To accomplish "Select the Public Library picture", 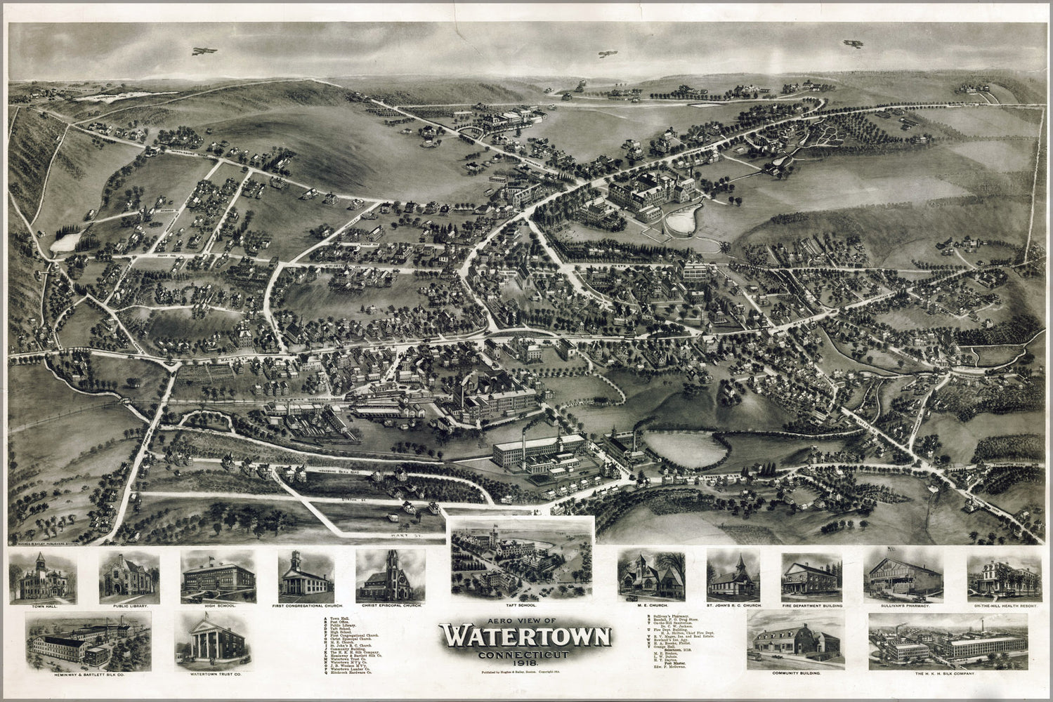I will [129, 576].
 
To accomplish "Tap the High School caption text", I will [218, 604].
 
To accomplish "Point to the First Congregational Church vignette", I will [305, 576].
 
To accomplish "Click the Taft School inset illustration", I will [521, 556].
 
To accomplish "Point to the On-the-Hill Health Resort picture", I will [1003, 576].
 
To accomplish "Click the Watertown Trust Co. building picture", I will [215, 641].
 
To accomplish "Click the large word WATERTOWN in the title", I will [525, 637].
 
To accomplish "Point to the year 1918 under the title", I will [525, 663].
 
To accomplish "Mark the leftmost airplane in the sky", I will [204, 51].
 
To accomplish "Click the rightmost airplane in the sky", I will [853, 43].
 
